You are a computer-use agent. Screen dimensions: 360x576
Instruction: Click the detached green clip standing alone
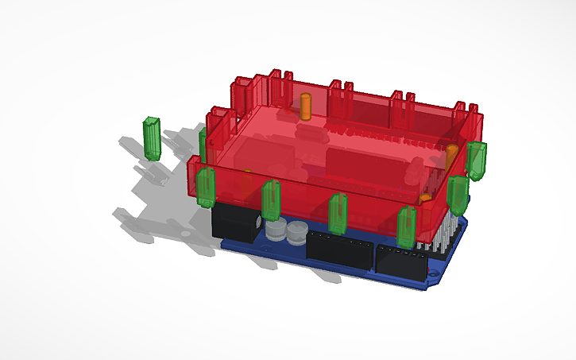click(151, 138)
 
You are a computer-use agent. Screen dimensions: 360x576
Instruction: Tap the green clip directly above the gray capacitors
click(271, 199)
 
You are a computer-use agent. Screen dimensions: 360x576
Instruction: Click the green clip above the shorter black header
click(407, 226)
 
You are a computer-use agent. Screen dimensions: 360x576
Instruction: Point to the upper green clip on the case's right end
click(477, 159)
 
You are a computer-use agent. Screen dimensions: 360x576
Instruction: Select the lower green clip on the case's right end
click(456, 194)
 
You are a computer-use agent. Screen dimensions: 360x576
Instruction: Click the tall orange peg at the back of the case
click(305, 106)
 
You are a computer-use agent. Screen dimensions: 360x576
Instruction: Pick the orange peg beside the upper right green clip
click(451, 151)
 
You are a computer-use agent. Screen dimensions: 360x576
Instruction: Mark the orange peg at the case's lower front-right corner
click(426, 197)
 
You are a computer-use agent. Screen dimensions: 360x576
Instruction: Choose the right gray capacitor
click(296, 233)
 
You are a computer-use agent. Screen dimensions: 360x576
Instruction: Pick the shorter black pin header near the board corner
click(400, 261)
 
